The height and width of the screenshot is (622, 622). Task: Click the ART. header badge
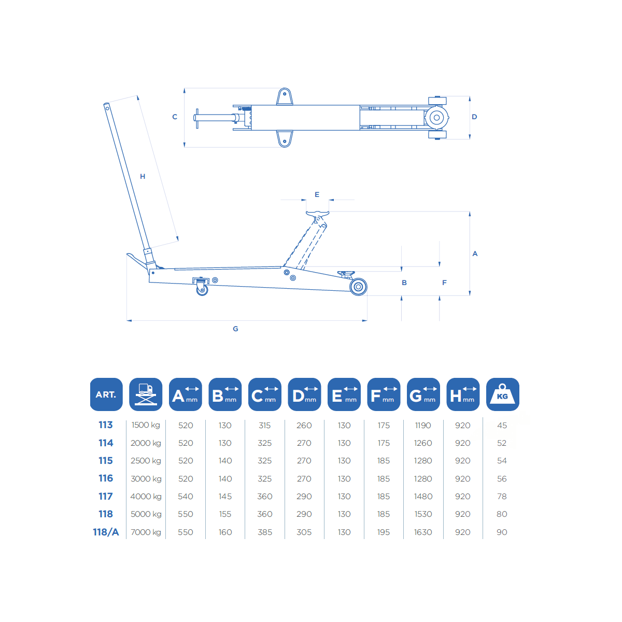point(106,394)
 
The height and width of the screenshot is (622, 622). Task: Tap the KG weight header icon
point(502,394)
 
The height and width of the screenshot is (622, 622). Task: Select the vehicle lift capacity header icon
point(146,394)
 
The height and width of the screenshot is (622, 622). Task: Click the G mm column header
point(423,394)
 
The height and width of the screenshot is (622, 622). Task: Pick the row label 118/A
point(106,532)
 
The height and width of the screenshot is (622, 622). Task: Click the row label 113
point(106,425)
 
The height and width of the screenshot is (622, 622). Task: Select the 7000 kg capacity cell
point(146,532)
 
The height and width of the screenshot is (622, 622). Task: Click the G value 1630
point(423,532)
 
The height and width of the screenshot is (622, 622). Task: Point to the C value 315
point(265,426)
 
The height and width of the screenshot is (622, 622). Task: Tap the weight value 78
point(502,497)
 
